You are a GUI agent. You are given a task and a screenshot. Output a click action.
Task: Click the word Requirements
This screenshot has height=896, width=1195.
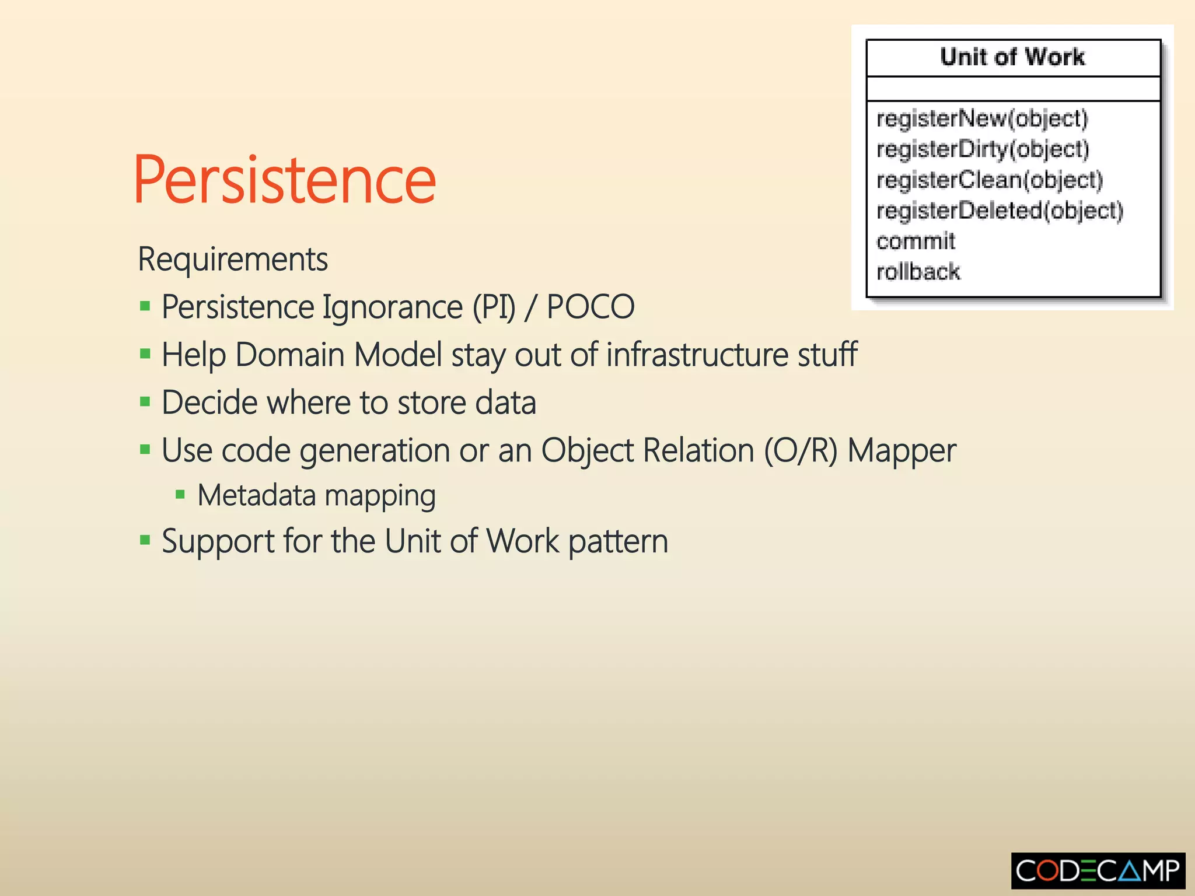coord(233,259)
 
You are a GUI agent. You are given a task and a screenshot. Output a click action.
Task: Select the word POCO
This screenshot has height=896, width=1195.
coord(590,307)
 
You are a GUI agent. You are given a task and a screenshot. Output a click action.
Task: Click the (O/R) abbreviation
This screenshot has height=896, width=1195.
coord(801,451)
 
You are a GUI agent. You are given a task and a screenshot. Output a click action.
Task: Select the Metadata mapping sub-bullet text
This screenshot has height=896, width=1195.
coord(316,496)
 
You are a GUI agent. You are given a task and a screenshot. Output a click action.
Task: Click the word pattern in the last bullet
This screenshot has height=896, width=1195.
coord(618,542)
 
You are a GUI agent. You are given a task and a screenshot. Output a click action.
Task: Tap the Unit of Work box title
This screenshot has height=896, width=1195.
coord(1012,57)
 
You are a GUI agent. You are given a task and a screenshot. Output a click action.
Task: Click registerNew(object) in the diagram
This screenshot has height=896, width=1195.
coord(982,118)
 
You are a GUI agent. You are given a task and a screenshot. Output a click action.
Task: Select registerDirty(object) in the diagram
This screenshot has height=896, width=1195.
coord(983,149)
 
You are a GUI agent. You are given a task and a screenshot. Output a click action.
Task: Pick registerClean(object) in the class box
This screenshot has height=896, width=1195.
coord(990,180)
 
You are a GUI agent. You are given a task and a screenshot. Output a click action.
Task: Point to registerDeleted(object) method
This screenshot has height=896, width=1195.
coord(1000,211)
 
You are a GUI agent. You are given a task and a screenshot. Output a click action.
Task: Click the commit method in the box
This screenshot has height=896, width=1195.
coord(916,241)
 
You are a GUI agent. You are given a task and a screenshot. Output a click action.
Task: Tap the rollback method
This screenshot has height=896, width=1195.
coord(918,272)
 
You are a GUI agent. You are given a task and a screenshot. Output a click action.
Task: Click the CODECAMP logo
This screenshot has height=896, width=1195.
coord(1098,871)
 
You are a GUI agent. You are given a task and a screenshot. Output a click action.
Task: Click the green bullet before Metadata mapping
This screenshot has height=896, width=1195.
coord(180,495)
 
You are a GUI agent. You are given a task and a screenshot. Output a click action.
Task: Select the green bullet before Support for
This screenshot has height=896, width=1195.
coord(145,540)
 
